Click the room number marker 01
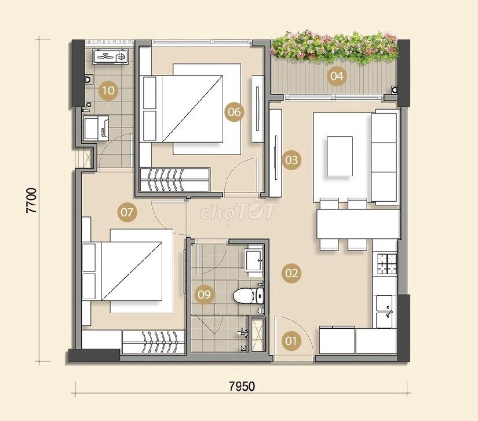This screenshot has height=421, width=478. [x=291, y=341]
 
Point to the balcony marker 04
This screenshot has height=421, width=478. [x=337, y=75]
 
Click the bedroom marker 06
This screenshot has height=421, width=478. [x=235, y=112]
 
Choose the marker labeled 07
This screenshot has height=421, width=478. [x=127, y=212]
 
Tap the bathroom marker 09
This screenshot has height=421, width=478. [x=205, y=295]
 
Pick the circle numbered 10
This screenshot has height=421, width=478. [x=108, y=90]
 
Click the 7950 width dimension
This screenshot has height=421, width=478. [x=242, y=386]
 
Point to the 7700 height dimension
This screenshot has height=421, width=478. [x=31, y=201]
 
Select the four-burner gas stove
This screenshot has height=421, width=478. [x=387, y=264]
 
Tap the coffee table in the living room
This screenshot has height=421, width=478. [x=340, y=156]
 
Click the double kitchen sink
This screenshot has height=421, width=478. [x=384, y=311]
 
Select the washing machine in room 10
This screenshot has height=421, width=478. [x=110, y=56]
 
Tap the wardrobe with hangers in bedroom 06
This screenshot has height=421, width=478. [x=174, y=180]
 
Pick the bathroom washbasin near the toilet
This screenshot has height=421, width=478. [x=254, y=260]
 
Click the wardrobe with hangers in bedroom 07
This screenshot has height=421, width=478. [x=154, y=342]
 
